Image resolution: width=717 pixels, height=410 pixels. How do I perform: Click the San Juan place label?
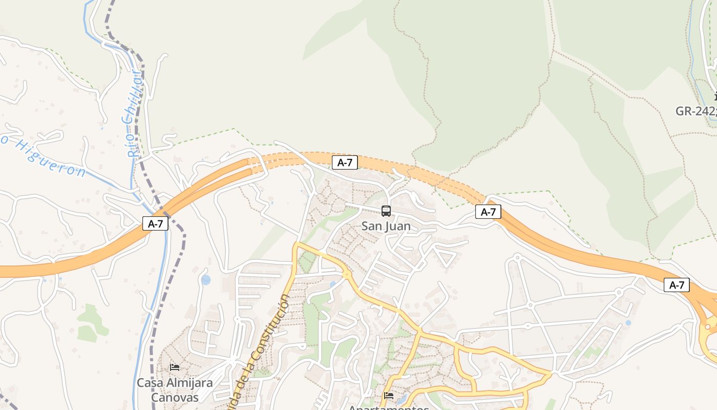point(386,226)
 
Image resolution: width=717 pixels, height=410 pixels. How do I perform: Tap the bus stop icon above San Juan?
point(386,211)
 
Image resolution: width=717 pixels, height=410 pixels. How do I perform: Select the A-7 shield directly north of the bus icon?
point(345,163)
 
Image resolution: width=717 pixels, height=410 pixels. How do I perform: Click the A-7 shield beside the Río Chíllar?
point(155,223)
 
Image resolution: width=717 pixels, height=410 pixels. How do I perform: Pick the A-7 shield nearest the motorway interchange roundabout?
point(677,285)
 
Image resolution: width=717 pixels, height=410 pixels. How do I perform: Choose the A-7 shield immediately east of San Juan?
point(488,212)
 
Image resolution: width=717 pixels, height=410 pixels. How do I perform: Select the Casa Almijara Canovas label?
point(175,389)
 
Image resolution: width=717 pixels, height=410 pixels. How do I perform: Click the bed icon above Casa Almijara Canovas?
point(175,367)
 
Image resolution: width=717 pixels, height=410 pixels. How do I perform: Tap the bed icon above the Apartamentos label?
point(389,395)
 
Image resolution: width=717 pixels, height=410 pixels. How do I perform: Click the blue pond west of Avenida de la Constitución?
point(206,280)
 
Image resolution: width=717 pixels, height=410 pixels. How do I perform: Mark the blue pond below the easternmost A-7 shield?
point(628,323)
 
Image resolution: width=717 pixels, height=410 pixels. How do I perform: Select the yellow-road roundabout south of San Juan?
point(348,275)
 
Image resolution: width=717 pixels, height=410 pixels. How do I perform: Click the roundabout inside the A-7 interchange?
point(708,326)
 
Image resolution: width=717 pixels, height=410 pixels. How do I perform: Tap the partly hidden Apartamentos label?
point(388,407)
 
